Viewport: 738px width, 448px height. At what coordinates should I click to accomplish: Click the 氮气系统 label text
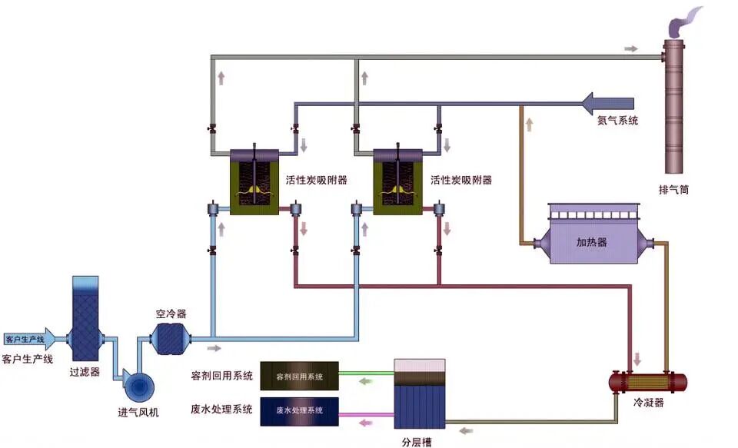(x=618, y=121)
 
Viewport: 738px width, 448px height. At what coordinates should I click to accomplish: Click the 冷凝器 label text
(x=648, y=402)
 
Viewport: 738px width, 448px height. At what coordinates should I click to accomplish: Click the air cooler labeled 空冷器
(x=170, y=337)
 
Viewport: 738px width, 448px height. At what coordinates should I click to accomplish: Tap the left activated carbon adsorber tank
(x=254, y=181)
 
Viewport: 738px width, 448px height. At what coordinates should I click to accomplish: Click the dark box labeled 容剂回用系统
(x=299, y=376)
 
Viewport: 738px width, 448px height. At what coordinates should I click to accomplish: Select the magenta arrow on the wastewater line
(x=367, y=422)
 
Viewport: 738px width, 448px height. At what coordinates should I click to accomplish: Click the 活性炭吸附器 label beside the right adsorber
(x=461, y=181)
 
